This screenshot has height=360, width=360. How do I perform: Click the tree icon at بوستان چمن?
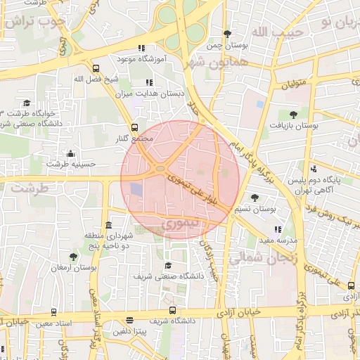tap(227, 34)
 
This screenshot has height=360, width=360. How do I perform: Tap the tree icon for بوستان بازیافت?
tap(292, 115)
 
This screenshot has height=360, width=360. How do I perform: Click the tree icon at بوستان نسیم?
tap(254, 198)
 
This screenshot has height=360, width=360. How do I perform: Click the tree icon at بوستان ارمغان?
tap(74, 257)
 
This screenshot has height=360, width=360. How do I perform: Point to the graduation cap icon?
tap(168, 265)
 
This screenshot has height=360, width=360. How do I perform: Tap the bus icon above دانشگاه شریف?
tap(172, 311)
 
